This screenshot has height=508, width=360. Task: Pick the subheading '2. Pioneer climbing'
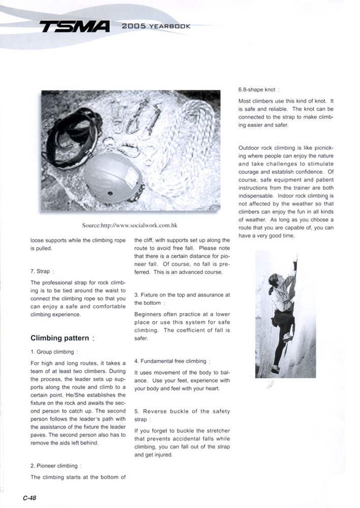coord(55,466)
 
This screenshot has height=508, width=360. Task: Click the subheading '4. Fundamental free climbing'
coord(171,361)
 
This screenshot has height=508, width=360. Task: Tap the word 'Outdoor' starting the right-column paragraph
coord(250,148)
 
